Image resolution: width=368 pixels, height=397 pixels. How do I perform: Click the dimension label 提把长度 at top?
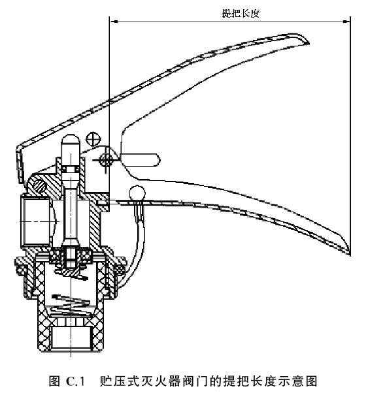coord(241,13)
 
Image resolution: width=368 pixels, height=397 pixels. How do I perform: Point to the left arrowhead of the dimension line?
coord(113,22)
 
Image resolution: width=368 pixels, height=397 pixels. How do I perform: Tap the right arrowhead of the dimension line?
coord(346,22)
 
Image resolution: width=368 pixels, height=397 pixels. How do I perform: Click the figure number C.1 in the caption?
coord(75,381)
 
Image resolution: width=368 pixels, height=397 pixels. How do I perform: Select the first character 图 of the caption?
coord(54,381)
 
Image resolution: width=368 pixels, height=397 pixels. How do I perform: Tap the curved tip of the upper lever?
coord(305,40)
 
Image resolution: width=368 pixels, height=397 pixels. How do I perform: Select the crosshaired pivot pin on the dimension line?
coord(107,160)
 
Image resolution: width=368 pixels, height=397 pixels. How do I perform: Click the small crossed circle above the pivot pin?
coord(93,138)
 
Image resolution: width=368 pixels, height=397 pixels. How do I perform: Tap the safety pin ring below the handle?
coord(137,194)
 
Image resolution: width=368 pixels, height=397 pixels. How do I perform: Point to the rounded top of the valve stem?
coord(71,140)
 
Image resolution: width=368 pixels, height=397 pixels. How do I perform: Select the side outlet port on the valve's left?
coord(35,221)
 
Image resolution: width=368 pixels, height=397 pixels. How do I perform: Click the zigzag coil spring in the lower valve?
coord(71,305)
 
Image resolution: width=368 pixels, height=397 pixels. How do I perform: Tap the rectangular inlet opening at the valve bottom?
coord(71,337)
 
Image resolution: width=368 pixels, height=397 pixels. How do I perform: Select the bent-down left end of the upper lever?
coord(20,162)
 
